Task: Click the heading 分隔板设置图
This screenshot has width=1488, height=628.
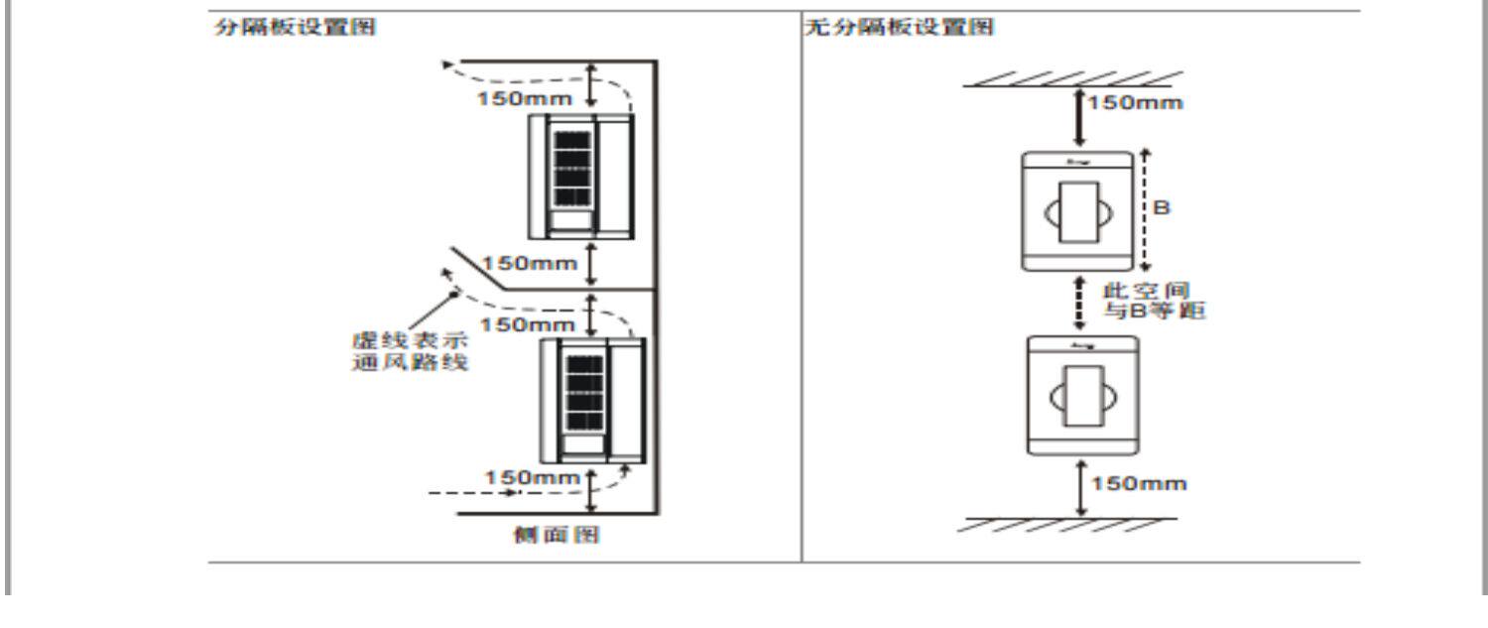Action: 295,28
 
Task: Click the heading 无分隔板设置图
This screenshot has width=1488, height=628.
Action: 898,28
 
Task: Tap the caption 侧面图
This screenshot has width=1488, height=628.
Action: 566,536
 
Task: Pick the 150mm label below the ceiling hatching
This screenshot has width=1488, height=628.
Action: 1135,103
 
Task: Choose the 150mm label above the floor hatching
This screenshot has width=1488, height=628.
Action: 1139,484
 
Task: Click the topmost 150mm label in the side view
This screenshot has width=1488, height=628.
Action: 525,99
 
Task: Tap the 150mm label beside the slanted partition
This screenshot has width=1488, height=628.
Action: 530,263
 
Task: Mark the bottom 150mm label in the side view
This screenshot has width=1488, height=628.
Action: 532,478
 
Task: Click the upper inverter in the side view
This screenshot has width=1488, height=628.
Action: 580,177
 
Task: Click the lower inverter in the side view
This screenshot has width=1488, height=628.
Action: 591,400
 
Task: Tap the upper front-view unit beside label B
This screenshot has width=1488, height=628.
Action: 1077,211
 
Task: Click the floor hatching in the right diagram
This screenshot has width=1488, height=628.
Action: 1066,524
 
